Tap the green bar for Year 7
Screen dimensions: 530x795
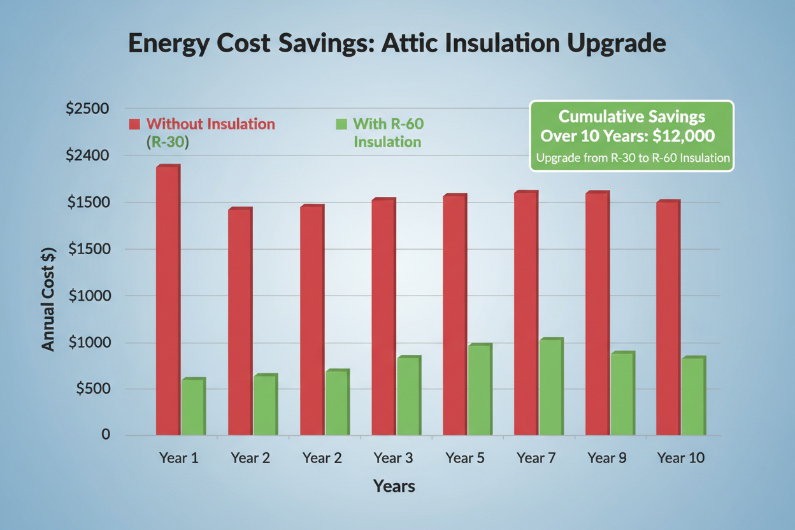[x=550, y=387]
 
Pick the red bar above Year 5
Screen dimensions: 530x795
[x=454, y=315]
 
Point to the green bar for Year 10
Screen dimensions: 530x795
[x=693, y=396]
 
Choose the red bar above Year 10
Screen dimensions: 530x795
[x=668, y=319]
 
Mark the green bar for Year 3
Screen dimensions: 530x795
[x=408, y=396]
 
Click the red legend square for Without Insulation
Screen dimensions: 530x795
[x=134, y=124]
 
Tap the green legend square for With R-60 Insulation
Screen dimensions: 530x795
[x=341, y=124]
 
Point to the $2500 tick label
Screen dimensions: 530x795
[x=88, y=108]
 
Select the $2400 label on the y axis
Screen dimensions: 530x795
[x=88, y=155]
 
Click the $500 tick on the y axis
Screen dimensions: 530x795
[x=93, y=389]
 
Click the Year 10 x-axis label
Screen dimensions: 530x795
[x=681, y=457]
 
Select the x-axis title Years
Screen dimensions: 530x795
[x=394, y=487]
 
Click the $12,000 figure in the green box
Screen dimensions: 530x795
[x=687, y=136]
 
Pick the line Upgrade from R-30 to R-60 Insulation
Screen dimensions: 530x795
[x=632, y=158]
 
